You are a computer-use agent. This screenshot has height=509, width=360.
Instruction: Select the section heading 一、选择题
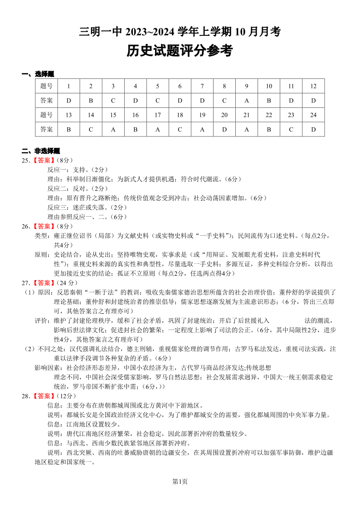click(38, 74)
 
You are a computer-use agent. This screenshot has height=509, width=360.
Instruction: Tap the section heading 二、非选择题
click(41, 151)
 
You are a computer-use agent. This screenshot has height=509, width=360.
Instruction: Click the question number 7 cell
click(202, 86)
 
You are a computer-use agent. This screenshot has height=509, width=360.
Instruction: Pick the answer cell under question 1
click(68, 100)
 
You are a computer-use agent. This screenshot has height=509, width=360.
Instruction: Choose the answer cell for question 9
click(246, 100)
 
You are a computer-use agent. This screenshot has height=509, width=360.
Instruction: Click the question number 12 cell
click(313, 86)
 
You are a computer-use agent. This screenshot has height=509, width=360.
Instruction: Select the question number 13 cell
click(68, 115)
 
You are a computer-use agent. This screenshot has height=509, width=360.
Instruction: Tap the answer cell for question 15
click(113, 129)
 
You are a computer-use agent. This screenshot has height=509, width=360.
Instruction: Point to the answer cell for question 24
click(313, 129)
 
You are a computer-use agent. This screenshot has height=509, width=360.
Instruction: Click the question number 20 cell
click(224, 115)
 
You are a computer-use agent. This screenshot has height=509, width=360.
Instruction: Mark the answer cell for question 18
click(180, 129)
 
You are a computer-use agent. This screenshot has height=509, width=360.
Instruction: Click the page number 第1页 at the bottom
click(180, 481)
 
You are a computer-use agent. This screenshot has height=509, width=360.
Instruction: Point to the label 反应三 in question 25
click(57, 207)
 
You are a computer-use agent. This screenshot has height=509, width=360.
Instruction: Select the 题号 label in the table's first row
click(46, 86)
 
